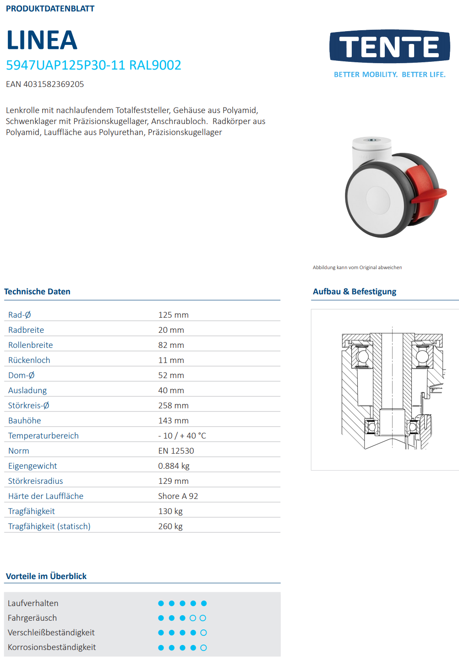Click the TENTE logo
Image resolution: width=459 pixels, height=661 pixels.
389,46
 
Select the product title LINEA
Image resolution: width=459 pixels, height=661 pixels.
42,40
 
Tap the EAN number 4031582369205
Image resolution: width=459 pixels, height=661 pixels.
45,84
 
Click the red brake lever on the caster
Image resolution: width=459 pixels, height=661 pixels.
426,188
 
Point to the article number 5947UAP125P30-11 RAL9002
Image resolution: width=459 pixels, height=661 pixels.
93,65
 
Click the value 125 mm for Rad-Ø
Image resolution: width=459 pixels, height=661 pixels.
173,315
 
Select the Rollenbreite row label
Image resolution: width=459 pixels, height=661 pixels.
30,345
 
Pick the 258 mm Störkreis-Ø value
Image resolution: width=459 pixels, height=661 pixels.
173,406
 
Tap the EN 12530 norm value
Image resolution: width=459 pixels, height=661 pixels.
176,451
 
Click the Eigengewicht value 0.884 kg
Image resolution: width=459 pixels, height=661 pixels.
174,466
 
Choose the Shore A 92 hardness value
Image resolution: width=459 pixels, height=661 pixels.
178,496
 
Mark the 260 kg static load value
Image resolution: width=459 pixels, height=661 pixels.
170,526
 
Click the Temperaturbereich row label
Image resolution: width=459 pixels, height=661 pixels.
43,436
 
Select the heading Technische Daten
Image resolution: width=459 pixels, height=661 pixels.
37,292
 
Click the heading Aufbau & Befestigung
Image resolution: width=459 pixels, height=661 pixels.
355,292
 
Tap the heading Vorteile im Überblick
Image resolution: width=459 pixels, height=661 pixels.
46,576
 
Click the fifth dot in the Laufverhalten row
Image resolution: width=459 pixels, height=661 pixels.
204,603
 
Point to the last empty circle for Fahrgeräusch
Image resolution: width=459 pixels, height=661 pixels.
203,618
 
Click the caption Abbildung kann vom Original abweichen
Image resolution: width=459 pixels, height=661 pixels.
357,267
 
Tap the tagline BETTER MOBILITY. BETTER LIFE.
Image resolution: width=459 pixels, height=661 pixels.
389,75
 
